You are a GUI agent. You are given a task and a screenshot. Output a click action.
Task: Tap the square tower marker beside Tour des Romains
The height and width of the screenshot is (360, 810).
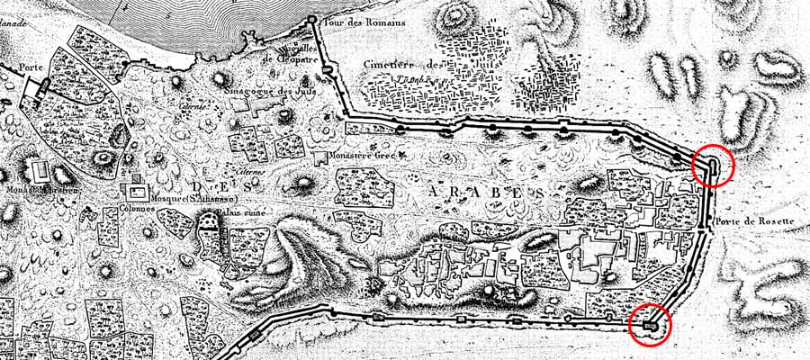tap(312, 19)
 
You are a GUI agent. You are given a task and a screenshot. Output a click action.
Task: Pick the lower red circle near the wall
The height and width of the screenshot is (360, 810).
tap(649, 325)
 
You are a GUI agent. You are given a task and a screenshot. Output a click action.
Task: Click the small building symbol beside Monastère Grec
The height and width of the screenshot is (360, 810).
tap(320, 158)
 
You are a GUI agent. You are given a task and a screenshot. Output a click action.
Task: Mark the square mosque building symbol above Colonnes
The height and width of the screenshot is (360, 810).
tap(137, 191)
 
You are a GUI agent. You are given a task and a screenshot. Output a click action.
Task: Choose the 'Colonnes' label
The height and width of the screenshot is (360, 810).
tap(138, 208)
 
